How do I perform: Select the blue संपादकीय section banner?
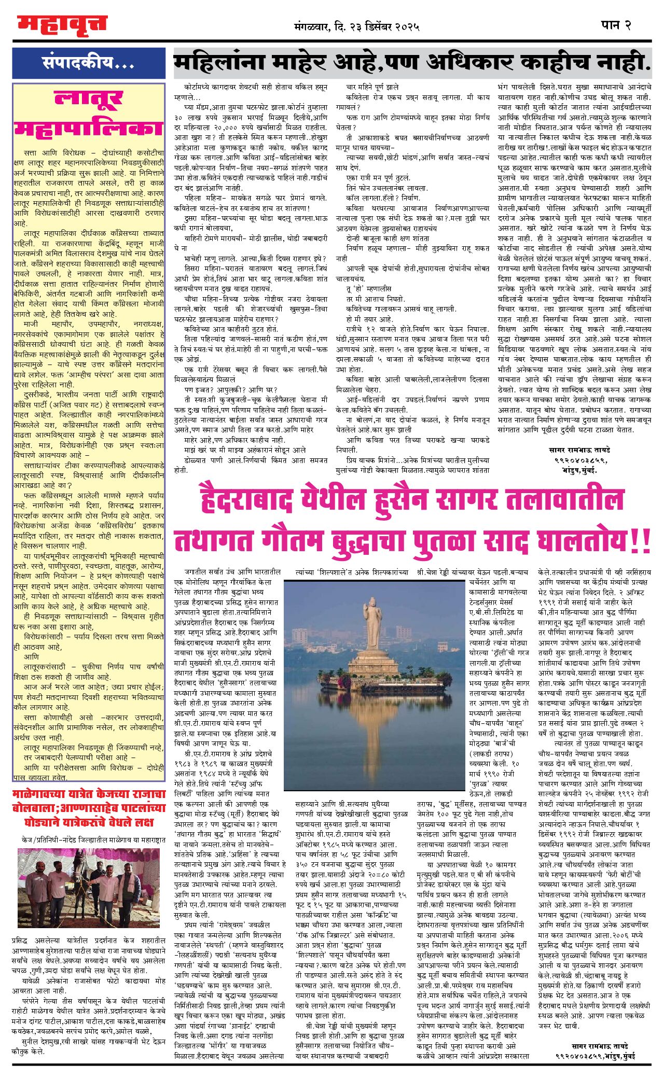89,63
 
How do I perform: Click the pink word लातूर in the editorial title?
89,99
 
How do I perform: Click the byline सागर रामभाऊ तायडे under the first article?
579,450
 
